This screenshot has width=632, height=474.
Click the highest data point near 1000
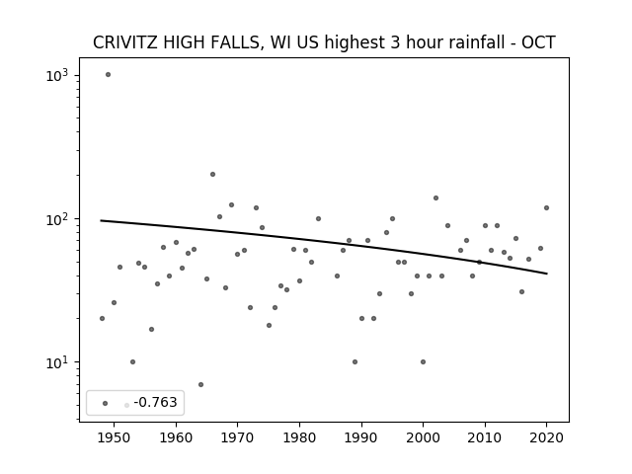coord(108,75)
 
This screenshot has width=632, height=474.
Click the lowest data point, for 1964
coord(200,384)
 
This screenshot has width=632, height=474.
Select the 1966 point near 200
coord(213,174)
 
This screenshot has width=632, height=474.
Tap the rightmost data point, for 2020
coord(546,208)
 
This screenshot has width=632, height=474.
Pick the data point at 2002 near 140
coord(435,197)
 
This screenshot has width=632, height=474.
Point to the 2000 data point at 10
coord(423,362)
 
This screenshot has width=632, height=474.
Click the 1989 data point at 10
coord(355,362)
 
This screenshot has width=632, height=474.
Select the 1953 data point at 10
coord(132,362)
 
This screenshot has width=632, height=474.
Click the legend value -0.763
coord(156,402)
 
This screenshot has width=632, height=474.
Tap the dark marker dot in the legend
coord(106,403)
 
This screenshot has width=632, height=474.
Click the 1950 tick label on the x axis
coord(115,438)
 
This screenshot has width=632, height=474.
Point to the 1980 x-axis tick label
coord(299,438)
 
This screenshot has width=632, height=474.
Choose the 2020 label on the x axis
coord(546,438)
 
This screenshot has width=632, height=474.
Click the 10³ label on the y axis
coord(57,75)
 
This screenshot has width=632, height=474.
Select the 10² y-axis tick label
coord(57,219)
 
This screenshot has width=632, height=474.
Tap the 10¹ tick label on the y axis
coord(57,362)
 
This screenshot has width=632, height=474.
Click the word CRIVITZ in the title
coord(125,42)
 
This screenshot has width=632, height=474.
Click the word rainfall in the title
coord(473,42)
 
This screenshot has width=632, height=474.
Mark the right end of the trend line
coord(546,274)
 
